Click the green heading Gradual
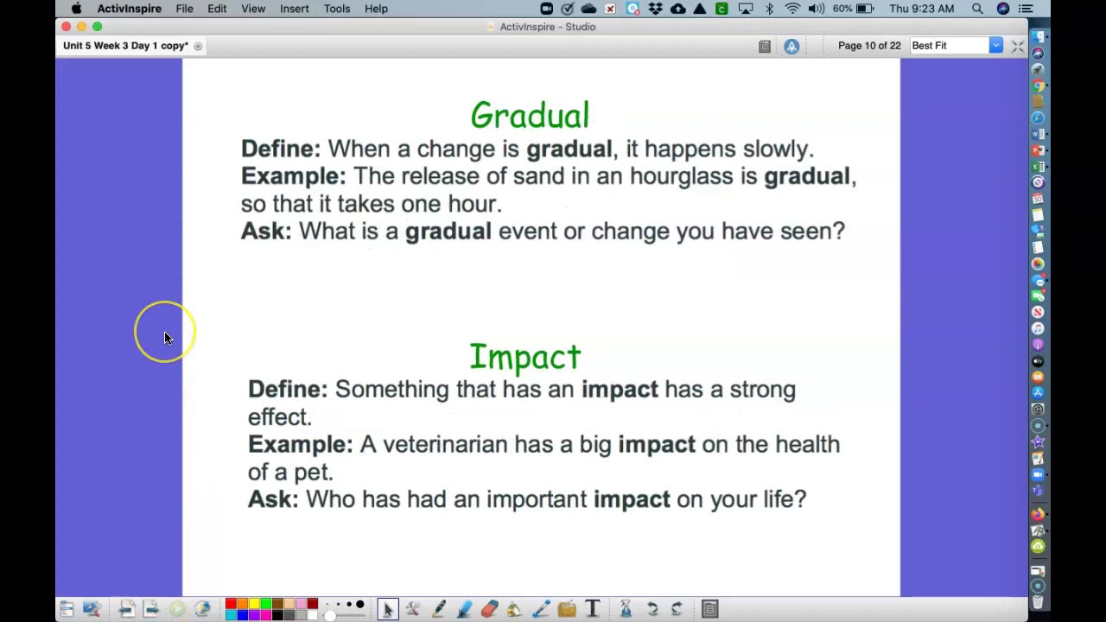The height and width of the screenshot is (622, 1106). point(530,116)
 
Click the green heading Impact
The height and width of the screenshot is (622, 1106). point(525,357)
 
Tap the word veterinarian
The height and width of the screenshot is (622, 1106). point(445,444)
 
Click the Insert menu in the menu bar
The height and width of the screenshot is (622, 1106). point(294,9)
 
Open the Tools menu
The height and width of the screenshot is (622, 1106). point(337,9)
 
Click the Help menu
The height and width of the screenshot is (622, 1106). point(376,9)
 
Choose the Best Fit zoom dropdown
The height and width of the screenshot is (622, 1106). point(955,46)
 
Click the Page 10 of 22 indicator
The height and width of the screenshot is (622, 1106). point(869,46)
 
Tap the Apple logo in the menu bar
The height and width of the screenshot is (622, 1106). point(76,9)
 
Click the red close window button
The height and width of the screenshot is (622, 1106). point(67,27)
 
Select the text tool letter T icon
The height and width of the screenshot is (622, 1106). point(593,609)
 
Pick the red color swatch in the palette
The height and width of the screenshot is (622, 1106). point(231,604)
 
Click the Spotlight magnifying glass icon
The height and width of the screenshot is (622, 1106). point(977,9)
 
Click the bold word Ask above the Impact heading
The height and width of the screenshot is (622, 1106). point(266,232)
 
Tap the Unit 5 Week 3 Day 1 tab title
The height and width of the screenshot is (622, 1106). point(125,46)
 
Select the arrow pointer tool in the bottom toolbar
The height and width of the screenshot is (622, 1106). point(387,609)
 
